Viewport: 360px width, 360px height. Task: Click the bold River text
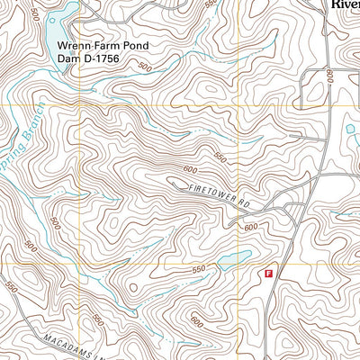pyautogui.click(x=343, y=4)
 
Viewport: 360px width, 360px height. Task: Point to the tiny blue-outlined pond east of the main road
pyautogui.click(x=350, y=129)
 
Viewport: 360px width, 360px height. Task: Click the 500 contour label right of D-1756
pyautogui.click(x=144, y=67)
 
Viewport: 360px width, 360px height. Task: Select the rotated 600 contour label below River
pyautogui.click(x=329, y=78)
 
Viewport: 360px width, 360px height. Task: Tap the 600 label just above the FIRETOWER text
pyautogui.click(x=189, y=169)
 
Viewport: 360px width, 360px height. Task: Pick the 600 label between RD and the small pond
pyautogui.click(x=250, y=227)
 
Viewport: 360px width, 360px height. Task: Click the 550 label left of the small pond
pyautogui.click(x=198, y=269)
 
